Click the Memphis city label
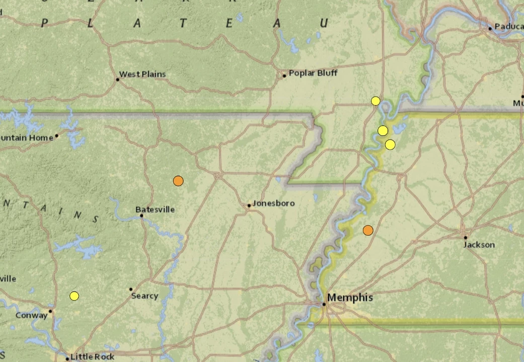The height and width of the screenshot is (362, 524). [x=351, y=298]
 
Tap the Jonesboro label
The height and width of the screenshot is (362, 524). [x=273, y=203]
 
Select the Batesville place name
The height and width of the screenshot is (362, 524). [x=155, y=209]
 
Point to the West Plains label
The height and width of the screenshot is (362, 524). [x=142, y=75]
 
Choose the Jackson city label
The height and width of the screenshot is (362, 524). [x=479, y=245]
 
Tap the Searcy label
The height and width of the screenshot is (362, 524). [x=144, y=296]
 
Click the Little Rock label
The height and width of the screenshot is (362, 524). [x=93, y=357]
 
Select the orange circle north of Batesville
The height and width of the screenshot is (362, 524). [x=178, y=181]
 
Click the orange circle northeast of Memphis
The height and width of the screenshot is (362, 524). [x=368, y=230]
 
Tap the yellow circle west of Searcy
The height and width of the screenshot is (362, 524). [x=74, y=296]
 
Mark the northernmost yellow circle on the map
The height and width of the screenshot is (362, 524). [x=376, y=101]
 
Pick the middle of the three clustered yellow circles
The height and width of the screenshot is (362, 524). [x=383, y=131]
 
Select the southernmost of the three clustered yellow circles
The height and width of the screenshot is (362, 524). [x=390, y=145]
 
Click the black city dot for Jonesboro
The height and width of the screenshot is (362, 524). [x=249, y=205]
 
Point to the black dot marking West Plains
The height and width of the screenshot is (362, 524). [x=118, y=80]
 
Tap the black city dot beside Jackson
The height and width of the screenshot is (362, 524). [x=466, y=237]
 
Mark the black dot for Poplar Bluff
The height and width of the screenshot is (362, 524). [x=284, y=76]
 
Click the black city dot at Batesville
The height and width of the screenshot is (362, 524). [x=141, y=216]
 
